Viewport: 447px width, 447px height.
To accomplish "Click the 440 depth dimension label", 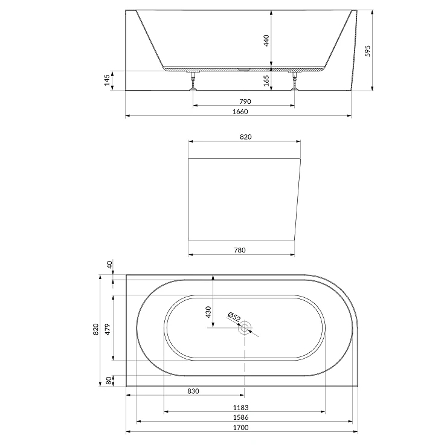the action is tap(266, 40).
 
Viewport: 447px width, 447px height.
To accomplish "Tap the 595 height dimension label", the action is tap(368, 51).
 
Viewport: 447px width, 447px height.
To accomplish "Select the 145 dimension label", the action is tap(107, 80).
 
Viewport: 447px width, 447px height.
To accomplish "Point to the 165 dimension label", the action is tap(266, 81).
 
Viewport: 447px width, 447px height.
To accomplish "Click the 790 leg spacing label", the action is tap(245, 101).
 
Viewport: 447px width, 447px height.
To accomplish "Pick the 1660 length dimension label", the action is tap(240, 112).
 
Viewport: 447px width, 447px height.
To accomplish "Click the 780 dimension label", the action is tap(240, 250).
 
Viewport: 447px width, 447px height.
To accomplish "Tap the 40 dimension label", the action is tap(110, 264).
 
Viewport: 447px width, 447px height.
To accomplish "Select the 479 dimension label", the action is tap(108, 329).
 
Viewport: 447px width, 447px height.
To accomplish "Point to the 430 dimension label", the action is tap(208, 312).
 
